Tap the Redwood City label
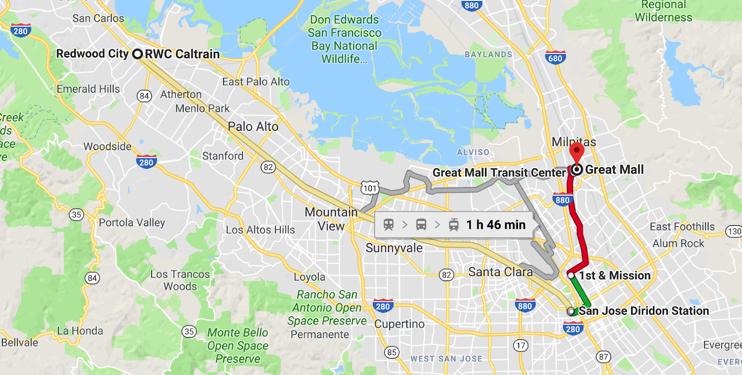click(x=92, y=54)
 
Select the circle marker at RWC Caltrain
click(x=137, y=54)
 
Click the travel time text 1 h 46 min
click(x=496, y=225)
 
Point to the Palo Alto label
click(x=253, y=126)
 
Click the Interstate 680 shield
click(x=555, y=58)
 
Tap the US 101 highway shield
click(x=370, y=188)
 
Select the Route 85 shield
click(x=392, y=352)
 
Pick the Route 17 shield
click(x=521, y=345)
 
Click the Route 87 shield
click(x=603, y=356)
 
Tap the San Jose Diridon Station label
click(x=644, y=311)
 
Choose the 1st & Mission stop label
click(x=614, y=276)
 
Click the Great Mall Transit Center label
click(x=499, y=173)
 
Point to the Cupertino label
click(x=399, y=324)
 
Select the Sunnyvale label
click(x=394, y=248)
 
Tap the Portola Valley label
click(x=132, y=223)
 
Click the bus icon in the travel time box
click(x=421, y=225)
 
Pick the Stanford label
click(x=223, y=156)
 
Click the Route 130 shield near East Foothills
click(x=734, y=231)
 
